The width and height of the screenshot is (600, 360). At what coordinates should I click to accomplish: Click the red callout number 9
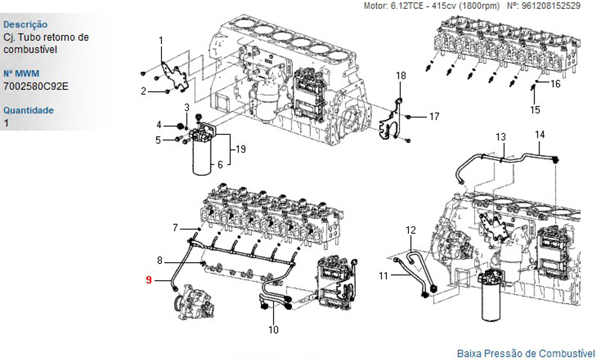click(x=149, y=280)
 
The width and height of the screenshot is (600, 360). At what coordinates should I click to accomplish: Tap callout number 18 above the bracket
click(x=401, y=76)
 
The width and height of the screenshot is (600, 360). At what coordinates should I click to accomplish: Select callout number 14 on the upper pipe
click(x=540, y=134)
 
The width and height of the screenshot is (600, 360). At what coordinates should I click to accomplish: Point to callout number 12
click(x=410, y=230)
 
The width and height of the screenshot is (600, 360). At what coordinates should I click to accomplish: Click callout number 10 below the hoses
click(x=273, y=329)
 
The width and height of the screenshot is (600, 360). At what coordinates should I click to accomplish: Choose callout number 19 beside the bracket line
click(x=241, y=149)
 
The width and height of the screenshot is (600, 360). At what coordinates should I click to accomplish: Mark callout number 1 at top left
click(x=161, y=41)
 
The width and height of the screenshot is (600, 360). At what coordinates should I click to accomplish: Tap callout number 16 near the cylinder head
click(x=555, y=83)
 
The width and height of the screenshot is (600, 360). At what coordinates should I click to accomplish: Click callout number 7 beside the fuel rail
click(x=175, y=228)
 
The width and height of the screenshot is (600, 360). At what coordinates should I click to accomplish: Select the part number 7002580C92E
click(x=36, y=86)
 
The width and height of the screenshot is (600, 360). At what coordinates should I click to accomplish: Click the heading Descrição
click(x=25, y=25)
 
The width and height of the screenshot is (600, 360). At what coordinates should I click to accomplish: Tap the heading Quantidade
click(x=28, y=110)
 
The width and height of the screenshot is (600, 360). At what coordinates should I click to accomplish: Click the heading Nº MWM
click(x=22, y=73)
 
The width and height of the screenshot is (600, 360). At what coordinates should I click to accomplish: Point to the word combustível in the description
click(x=30, y=50)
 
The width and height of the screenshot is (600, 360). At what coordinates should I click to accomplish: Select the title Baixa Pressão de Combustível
click(x=526, y=353)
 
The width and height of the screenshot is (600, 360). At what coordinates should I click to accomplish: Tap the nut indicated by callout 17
click(x=407, y=116)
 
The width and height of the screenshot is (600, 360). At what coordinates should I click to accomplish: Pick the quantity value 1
click(x=6, y=123)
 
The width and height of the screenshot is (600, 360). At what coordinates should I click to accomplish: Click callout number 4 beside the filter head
click(x=159, y=125)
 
